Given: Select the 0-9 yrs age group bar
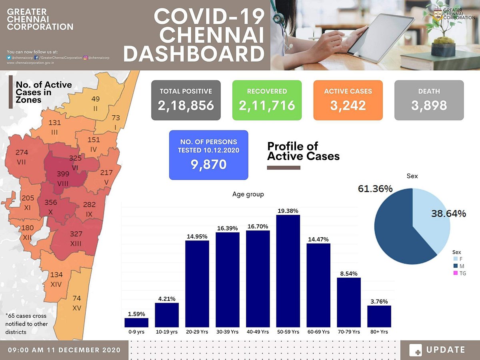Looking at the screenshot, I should tap(136, 322).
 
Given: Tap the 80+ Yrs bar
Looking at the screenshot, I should tap(379, 316).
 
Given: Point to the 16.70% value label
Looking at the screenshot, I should tap(258, 226).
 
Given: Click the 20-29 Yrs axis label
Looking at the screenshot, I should tap(197, 332).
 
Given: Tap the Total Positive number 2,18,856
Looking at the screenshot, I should tap(186, 105).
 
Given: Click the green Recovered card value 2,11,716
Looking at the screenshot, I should tap(267, 105).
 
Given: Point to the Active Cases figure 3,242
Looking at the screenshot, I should tap(348, 105).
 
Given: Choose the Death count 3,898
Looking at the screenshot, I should tap(429, 105).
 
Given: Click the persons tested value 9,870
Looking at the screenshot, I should tap(208, 164).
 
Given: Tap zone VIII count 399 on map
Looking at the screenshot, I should tap(63, 174).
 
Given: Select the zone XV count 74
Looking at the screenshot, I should tap(77, 298).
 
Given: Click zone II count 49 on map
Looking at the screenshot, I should tap(96, 99).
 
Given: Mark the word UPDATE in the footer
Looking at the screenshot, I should tap(446, 350).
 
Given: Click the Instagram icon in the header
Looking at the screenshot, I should tap(86, 58).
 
